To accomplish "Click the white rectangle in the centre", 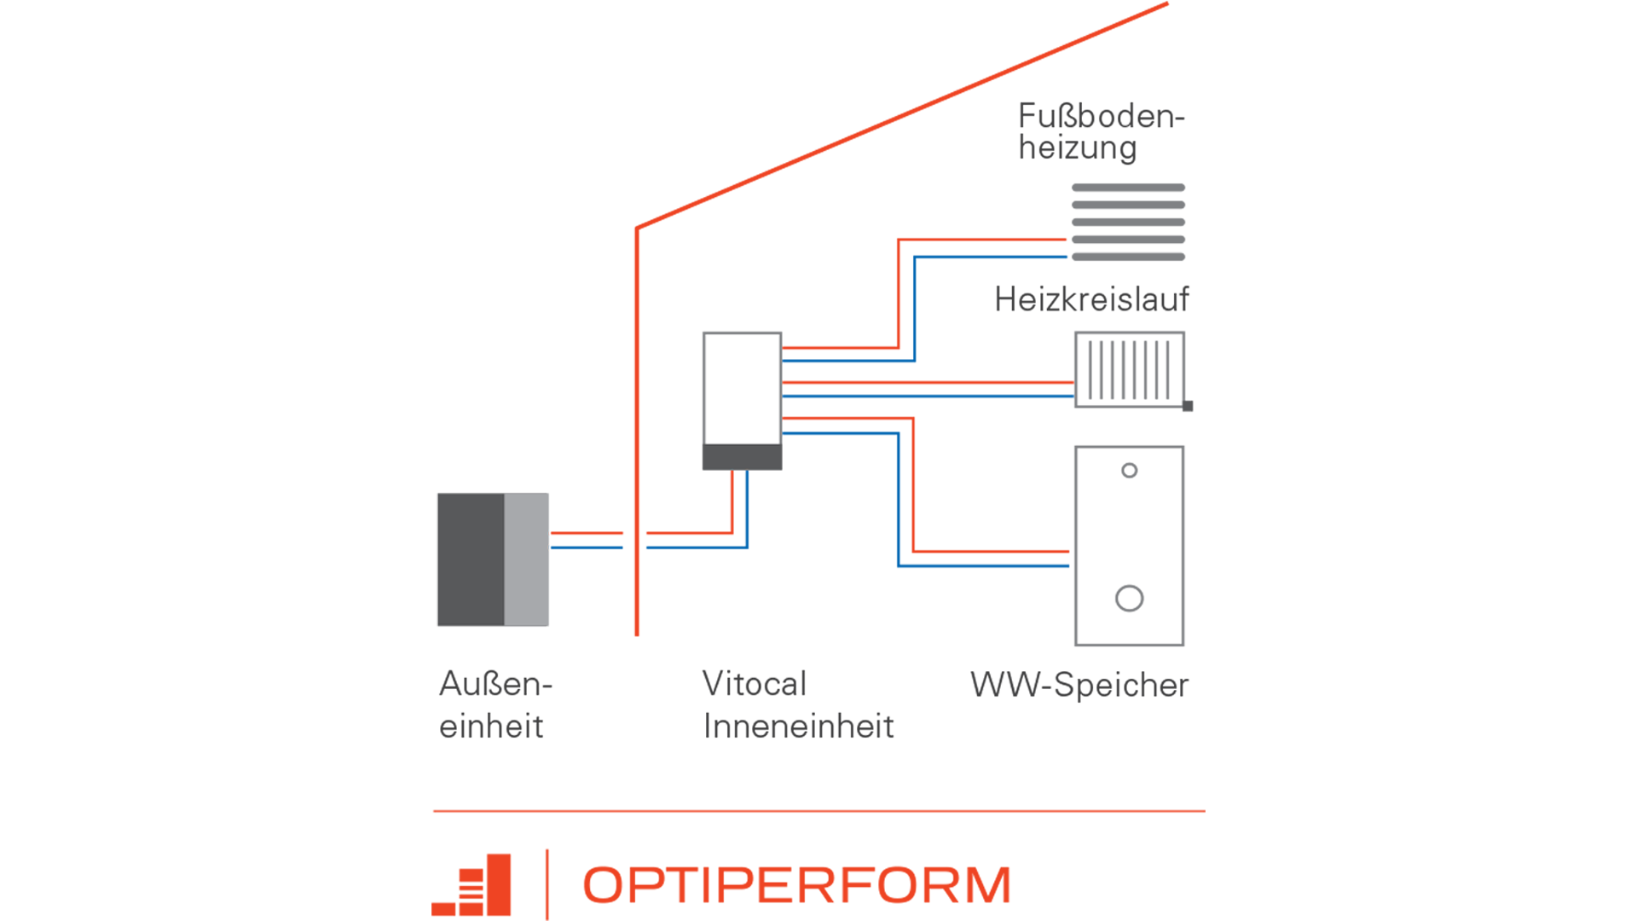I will (742, 389).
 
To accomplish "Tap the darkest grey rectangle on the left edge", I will (471, 559).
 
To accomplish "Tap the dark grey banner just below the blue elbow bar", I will (1083, 307).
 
